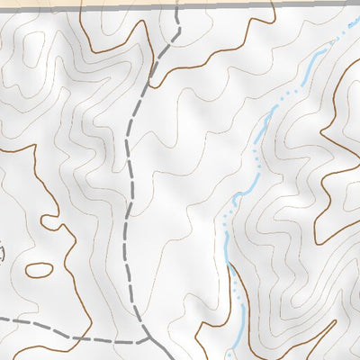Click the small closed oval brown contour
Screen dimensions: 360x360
pyautogui.click(x=40, y=269)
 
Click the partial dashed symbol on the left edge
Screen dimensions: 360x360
pyautogui.click(x=2, y=255)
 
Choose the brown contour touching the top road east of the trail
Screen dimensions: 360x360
pyautogui.click(x=270, y=9)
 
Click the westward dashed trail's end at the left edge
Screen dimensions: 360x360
pyautogui.click(x=3, y=319)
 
